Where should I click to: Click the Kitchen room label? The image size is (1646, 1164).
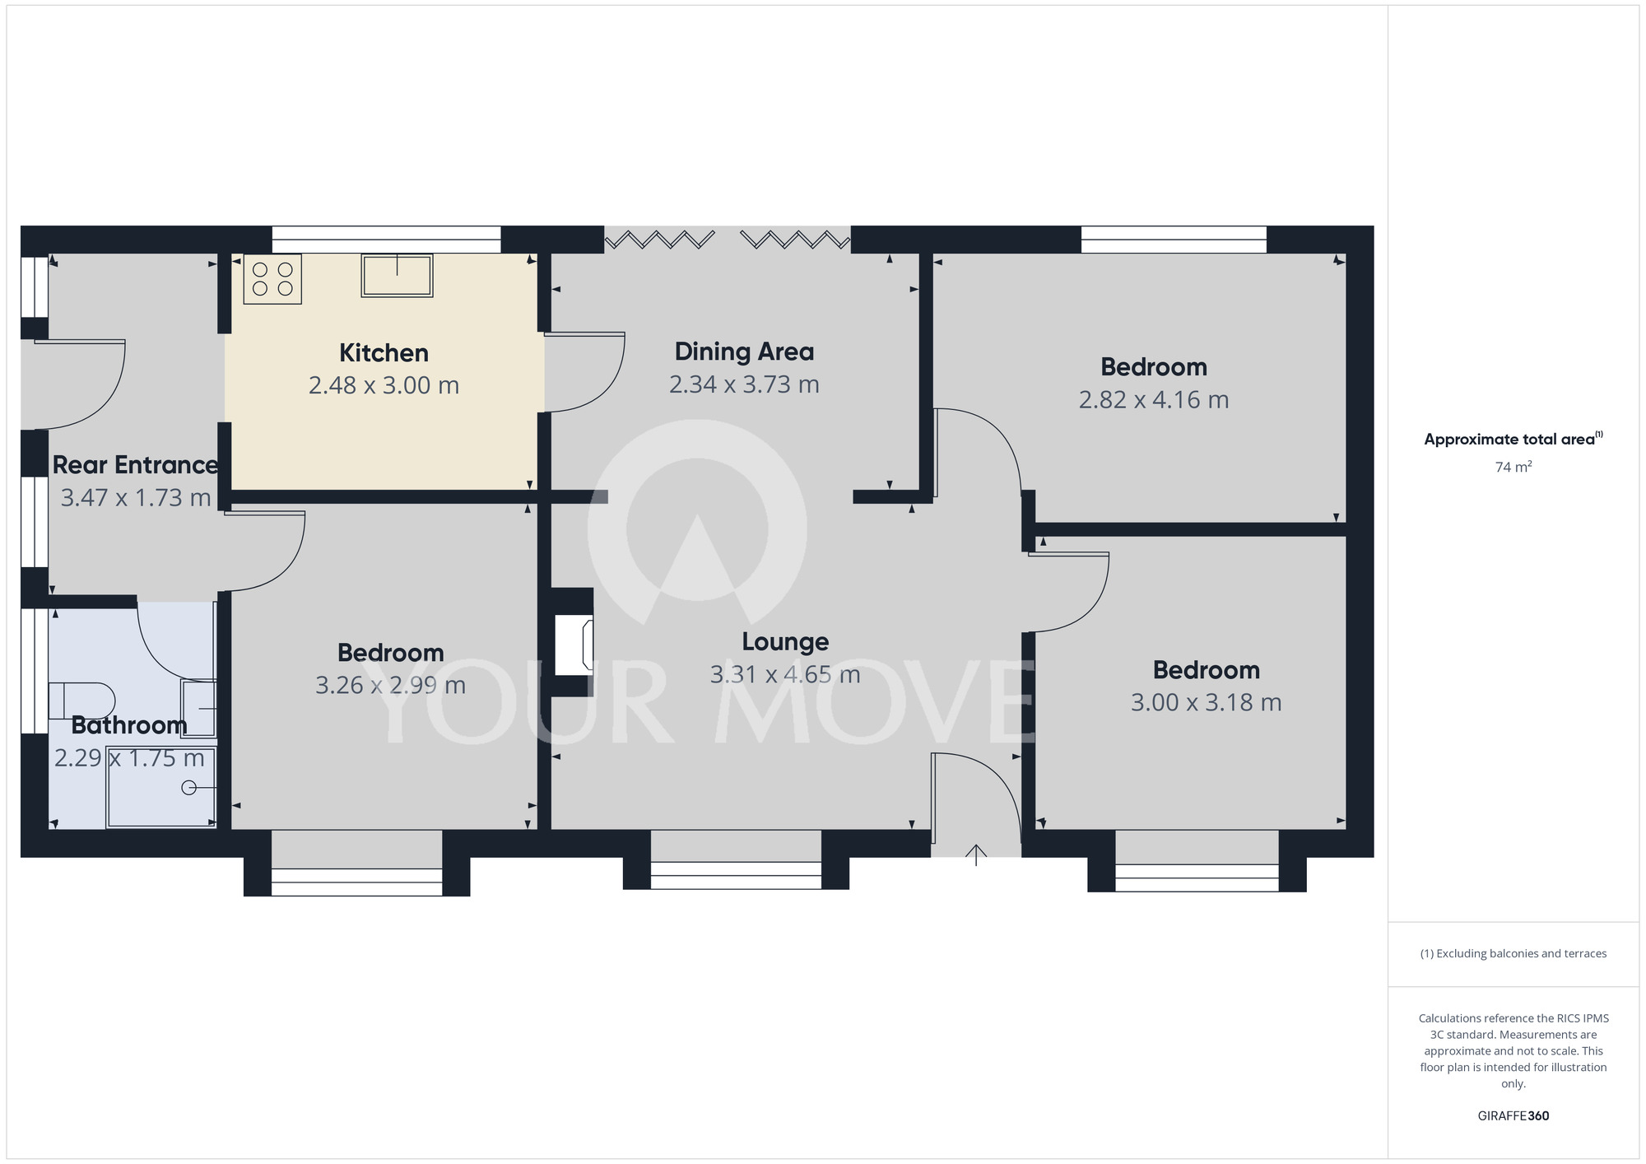click(384, 353)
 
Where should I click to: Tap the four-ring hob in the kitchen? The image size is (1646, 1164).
click(272, 279)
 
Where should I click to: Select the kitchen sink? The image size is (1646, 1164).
click(397, 275)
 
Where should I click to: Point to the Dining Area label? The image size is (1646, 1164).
click(744, 352)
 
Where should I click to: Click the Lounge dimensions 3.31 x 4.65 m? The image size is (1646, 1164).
click(785, 675)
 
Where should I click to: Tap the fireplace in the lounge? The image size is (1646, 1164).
click(574, 643)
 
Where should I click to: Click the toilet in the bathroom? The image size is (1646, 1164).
click(80, 701)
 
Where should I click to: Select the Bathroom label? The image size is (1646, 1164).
click(129, 725)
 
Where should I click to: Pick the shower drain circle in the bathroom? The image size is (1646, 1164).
click(188, 788)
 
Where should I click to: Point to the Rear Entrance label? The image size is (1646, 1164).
click(135, 465)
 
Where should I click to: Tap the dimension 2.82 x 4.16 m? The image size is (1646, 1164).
click(1154, 400)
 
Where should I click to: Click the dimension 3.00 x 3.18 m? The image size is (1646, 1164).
click(1206, 703)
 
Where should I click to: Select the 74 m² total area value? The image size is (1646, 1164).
click(1513, 468)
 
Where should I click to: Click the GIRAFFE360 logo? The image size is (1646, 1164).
click(1513, 1116)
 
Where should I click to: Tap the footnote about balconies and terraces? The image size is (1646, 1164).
click(1513, 953)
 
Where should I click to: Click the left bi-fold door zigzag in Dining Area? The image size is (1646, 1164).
click(659, 240)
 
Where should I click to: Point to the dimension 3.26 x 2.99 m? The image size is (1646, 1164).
click(390, 685)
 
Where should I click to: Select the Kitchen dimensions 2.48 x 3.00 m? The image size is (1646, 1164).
click(384, 385)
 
